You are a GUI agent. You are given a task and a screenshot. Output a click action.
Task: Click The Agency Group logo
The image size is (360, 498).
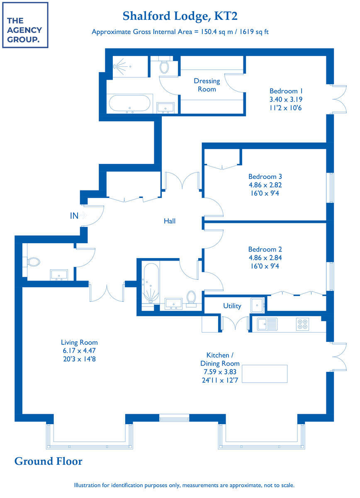[25, 25]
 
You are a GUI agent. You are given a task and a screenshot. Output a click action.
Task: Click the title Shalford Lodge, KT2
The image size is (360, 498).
[180, 16]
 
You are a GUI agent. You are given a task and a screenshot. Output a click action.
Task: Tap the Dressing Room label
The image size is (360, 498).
[207, 85]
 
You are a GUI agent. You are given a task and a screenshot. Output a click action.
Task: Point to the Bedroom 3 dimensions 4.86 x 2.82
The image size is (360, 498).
[265, 185]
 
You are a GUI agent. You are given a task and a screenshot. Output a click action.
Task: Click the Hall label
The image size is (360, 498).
[169, 221]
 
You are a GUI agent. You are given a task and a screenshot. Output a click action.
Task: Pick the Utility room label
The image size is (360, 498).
[232, 306]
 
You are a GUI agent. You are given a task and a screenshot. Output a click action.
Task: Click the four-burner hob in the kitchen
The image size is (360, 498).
[302, 324]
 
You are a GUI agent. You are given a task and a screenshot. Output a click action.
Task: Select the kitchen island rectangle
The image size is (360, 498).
[265, 373]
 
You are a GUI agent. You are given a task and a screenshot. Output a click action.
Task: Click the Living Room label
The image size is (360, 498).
[79, 342]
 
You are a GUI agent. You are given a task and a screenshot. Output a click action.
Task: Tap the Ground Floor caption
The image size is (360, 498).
[48, 461]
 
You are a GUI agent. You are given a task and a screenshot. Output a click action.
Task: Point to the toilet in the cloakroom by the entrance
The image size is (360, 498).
[33, 262]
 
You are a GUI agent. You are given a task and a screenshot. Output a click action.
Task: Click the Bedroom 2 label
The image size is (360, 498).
[265, 249]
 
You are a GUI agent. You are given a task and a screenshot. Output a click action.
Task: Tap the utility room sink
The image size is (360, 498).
[257, 305]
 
